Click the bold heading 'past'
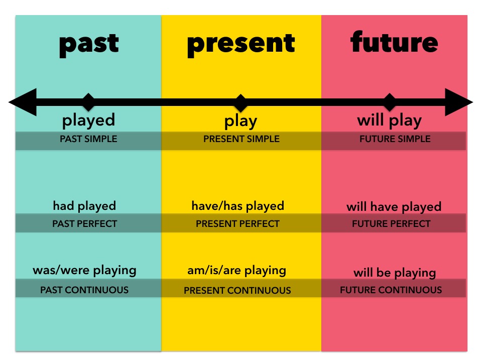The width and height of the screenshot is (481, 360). [89, 45]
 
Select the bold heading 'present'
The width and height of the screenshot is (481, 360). [241, 45]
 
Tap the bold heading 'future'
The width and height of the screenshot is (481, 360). [394, 42]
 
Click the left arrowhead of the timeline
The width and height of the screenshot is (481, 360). [23, 102]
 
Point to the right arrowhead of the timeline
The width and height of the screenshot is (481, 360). [459, 102]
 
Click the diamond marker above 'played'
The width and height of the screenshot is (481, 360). [88, 102]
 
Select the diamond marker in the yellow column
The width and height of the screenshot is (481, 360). [240, 103]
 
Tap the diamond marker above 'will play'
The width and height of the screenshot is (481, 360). [390, 102]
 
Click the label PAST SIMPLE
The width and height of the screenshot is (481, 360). [88, 139]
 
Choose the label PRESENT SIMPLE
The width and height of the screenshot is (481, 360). [242, 139]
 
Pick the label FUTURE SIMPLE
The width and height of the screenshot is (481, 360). [395, 139]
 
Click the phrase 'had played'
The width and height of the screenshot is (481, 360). [84, 206]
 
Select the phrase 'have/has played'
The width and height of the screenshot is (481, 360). [238, 206]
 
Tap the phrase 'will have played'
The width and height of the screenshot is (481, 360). [394, 207]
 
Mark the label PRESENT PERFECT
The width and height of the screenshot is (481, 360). [238, 224]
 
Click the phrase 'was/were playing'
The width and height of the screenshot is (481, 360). [84, 271]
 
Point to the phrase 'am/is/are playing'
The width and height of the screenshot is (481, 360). [237, 271]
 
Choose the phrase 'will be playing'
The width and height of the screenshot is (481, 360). [395, 273]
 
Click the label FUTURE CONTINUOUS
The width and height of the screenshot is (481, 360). [391, 290]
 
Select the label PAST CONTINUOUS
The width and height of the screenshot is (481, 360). [84, 290]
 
